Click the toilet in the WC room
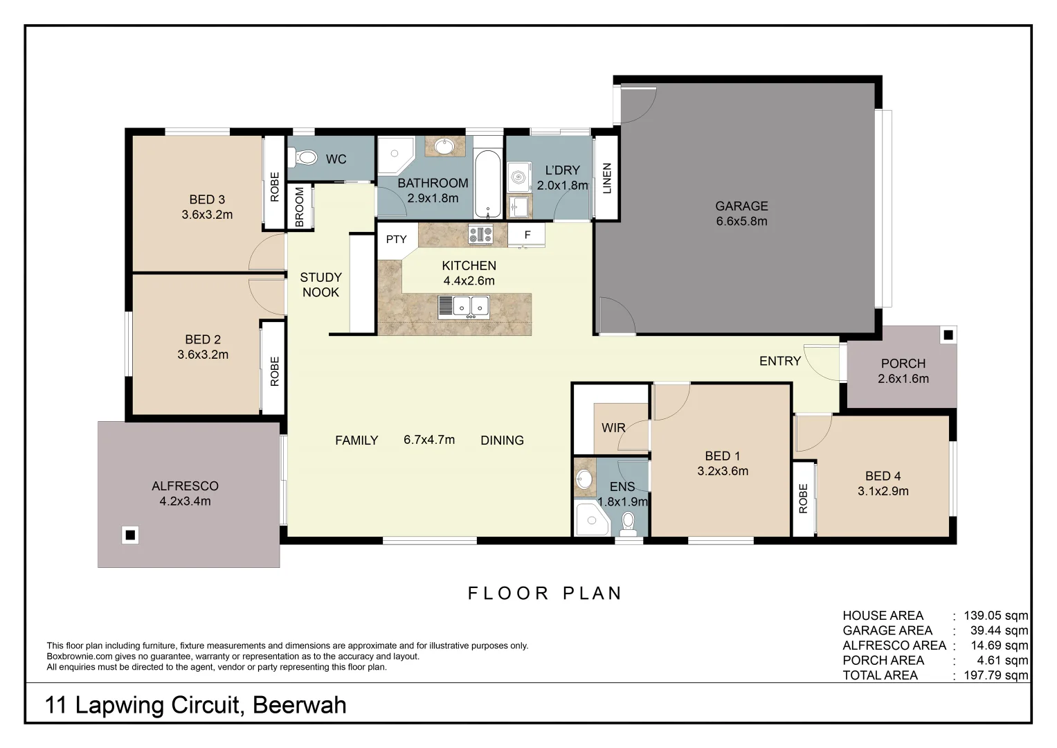click(305, 159)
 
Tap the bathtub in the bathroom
click(488, 184)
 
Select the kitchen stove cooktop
click(480, 234)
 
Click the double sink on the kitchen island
click(464, 306)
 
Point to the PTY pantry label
click(396, 240)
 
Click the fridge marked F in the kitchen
click(527, 235)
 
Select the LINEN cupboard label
click(607, 178)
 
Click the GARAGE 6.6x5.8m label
click(741, 213)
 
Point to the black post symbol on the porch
click(948, 335)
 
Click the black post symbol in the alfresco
click(129, 535)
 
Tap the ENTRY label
click(779, 361)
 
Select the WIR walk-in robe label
click(613, 428)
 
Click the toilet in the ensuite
click(629, 523)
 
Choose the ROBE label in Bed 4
click(803, 499)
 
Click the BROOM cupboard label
click(300, 206)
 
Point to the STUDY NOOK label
click(320, 285)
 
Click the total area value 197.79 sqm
click(995, 675)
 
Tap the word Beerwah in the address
click(299, 705)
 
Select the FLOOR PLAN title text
click(545, 594)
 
